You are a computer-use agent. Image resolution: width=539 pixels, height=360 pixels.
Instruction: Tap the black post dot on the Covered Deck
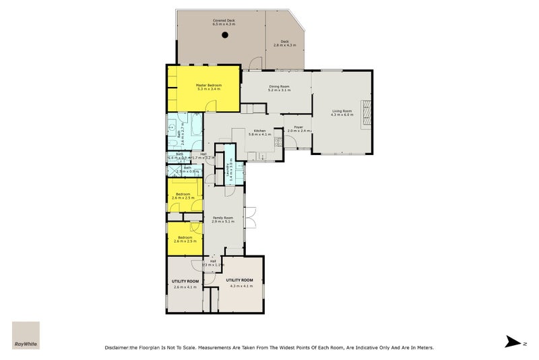tap(225, 36)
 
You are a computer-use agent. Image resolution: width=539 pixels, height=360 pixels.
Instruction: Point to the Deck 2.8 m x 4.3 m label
tap(285, 42)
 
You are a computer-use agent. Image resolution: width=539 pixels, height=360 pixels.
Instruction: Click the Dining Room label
tap(279, 88)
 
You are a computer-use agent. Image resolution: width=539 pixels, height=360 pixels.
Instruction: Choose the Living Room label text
tap(342, 113)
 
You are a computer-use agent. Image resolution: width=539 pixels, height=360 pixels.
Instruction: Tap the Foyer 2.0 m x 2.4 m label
tap(298, 129)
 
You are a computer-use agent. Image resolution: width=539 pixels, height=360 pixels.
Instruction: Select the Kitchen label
tap(259, 133)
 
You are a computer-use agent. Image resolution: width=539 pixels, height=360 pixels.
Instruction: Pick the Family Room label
tap(223, 219)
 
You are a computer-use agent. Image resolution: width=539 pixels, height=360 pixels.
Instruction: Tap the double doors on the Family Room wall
tap(250, 217)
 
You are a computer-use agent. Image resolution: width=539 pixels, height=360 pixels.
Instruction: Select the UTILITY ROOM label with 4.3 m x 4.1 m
tap(239, 282)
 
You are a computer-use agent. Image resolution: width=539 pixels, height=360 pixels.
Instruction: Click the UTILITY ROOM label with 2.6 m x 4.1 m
tap(184, 283)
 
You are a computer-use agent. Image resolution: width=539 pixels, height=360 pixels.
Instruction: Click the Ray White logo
tap(26, 335)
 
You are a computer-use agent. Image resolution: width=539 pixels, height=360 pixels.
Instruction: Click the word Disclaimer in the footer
tap(119, 348)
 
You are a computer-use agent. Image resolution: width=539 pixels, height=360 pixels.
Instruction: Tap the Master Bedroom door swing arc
tap(212, 106)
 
